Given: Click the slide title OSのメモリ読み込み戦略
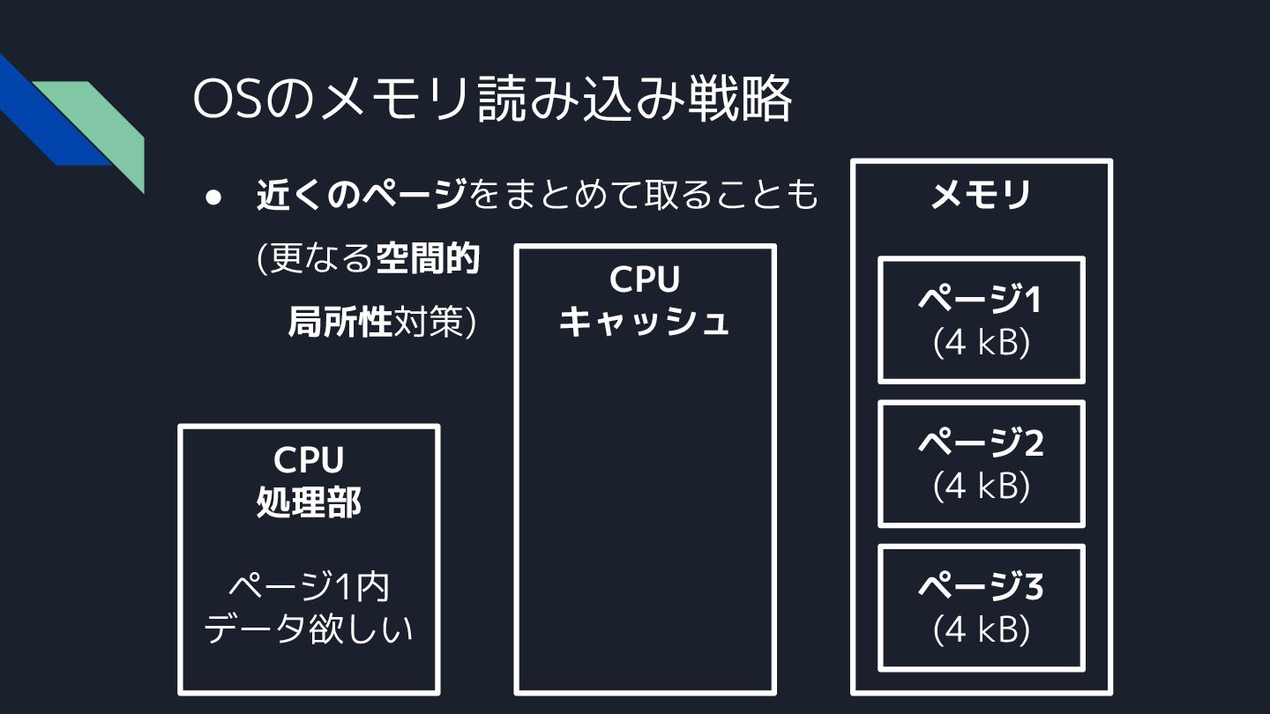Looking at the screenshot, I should click(x=491, y=100).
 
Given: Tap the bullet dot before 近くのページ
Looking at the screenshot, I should click(x=213, y=197).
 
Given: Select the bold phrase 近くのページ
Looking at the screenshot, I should click(x=362, y=195).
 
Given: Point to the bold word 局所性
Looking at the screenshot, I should click(x=340, y=323).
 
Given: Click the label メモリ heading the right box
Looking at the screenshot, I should click(x=981, y=195).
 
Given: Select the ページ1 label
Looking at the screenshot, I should click(x=981, y=301).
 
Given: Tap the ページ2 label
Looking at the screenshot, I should click(x=981, y=443).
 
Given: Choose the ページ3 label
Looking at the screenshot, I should click(x=981, y=586).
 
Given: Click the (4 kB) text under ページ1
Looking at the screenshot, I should click(x=981, y=342).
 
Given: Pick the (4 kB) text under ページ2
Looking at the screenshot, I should click(x=981, y=485).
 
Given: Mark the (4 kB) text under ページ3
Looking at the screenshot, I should click(x=981, y=628).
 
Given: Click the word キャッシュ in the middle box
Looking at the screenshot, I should click(x=645, y=322).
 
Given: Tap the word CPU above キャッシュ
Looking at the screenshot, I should click(x=645, y=280).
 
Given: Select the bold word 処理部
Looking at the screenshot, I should click(x=309, y=502).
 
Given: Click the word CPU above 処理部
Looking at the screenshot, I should click(x=309, y=460).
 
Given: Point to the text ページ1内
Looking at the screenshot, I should click(x=309, y=587).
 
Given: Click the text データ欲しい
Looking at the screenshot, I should click(x=309, y=629).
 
